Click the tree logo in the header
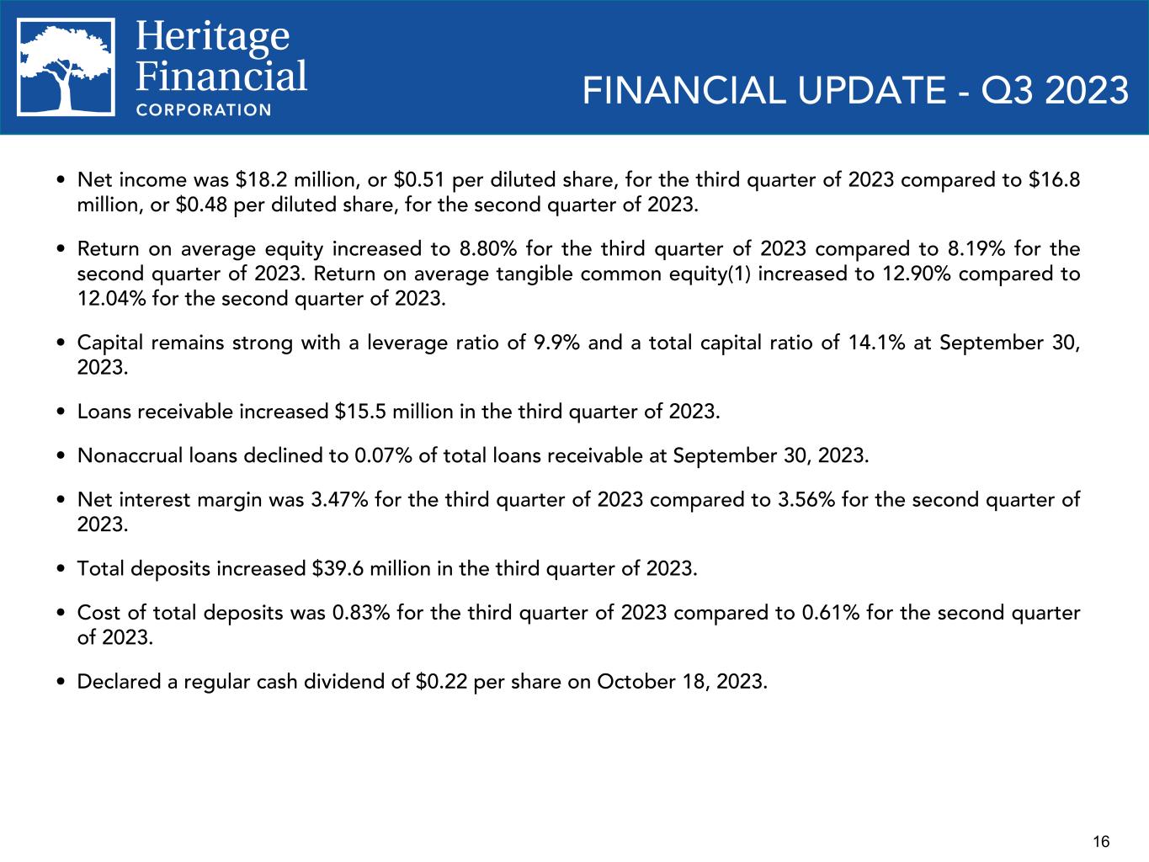click(x=66, y=67)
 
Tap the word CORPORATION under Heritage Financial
click(x=204, y=109)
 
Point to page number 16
click(x=1101, y=841)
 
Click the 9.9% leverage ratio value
click(x=555, y=343)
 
